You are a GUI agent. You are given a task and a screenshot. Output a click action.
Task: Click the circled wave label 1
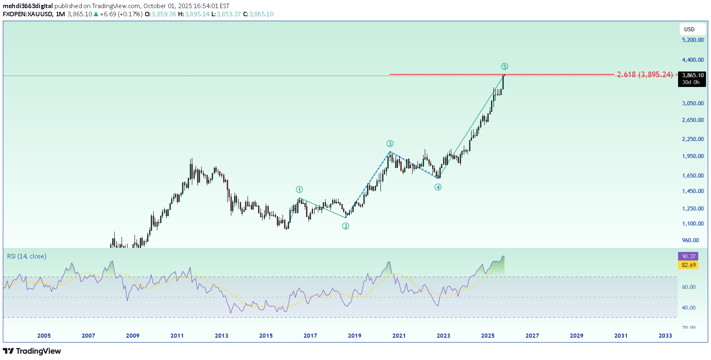299,189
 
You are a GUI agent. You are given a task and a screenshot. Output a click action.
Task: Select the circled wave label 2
346,226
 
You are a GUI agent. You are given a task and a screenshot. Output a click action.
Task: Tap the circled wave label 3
390,143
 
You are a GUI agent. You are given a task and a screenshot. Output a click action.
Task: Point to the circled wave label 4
438,187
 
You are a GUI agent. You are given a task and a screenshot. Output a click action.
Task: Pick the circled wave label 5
504,67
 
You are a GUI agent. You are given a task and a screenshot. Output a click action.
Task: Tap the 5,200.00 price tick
693,40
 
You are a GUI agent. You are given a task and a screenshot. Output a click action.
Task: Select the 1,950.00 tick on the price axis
693,156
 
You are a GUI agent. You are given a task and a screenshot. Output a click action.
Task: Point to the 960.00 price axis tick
690,240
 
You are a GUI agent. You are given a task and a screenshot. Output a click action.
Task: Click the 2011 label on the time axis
177,336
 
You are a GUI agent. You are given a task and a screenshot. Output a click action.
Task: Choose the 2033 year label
665,336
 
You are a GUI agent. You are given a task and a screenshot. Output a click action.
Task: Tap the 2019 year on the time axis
354,336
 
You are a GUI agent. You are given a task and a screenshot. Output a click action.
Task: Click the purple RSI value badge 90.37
688,256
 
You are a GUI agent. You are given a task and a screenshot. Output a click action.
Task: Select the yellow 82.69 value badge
688,265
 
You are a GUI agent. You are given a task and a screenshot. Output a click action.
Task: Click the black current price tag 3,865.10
692,76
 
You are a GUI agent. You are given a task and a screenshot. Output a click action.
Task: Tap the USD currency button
689,29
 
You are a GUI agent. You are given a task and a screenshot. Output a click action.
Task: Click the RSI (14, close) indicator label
27,256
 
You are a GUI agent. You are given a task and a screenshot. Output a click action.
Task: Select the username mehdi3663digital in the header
28,6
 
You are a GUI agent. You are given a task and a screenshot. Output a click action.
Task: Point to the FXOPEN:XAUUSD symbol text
28,14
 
